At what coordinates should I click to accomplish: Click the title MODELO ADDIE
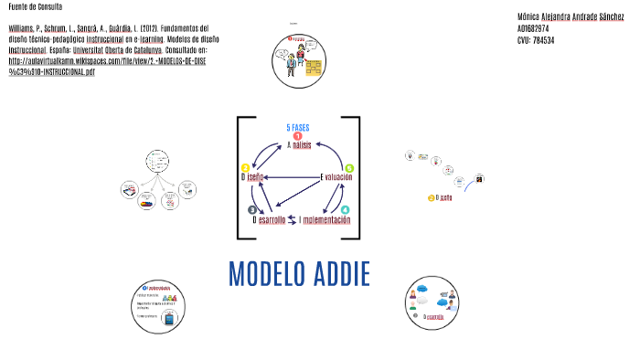point(298,273)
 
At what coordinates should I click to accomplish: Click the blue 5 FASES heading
point(299,127)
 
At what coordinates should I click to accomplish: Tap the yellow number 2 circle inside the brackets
point(245,168)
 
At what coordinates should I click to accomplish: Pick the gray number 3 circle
point(252,210)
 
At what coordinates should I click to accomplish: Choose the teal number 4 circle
point(345,210)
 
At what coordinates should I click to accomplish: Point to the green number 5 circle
point(349,168)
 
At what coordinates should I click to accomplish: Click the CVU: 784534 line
point(536,40)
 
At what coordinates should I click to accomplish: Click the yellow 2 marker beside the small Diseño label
point(431,197)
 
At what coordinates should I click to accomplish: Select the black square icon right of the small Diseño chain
point(477,181)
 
